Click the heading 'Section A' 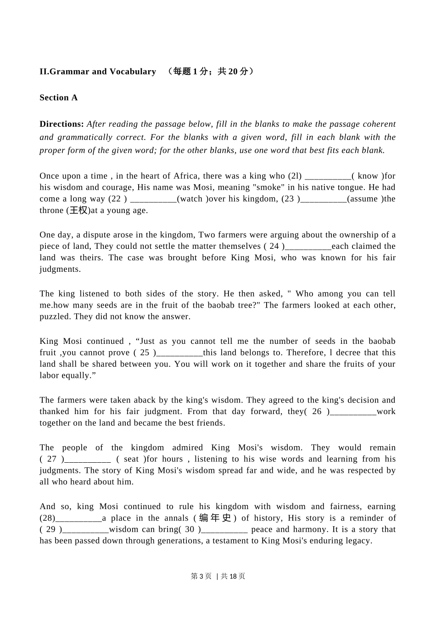(x=58, y=97)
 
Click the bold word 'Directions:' (x=61, y=124)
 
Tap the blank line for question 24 (x=308, y=247)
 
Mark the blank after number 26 (x=353, y=412)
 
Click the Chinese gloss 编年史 (x=215, y=518)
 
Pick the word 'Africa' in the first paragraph (x=186, y=176)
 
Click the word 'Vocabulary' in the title (x=133, y=71)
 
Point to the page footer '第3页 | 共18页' (x=218, y=576)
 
